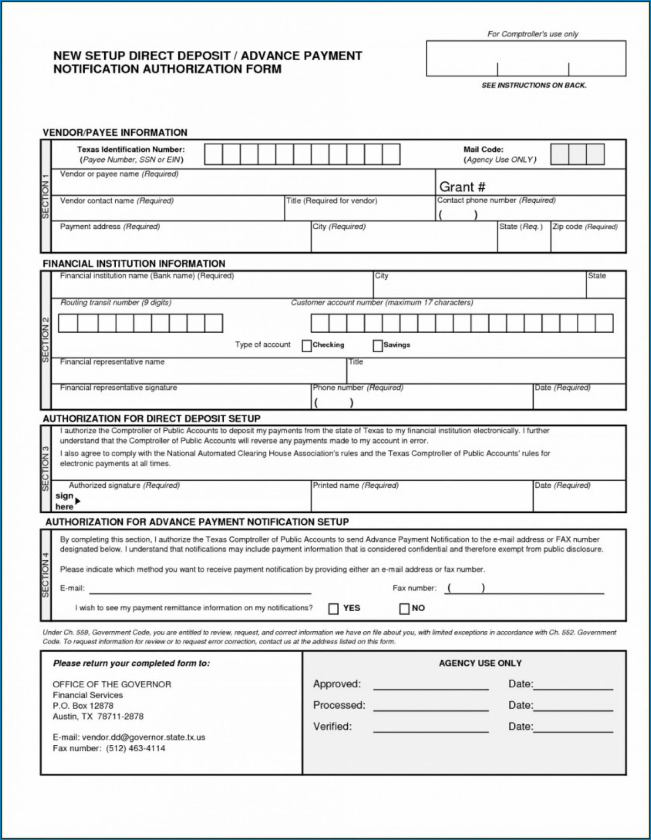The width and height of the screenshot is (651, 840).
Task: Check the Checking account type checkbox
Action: tap(307, 346)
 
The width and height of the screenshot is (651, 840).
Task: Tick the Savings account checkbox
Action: tap(378, 346)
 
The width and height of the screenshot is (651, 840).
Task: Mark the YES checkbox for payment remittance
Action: tap(333, 609)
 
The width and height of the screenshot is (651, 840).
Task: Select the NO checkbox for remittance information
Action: tap(404, 609)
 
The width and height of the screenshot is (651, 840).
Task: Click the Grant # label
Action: tap(462, 187)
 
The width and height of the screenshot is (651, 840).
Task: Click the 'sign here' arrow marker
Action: tap(78, 501)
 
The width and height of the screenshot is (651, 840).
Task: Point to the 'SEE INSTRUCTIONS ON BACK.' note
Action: tap(534, 85)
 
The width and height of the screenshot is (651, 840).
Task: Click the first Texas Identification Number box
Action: tap(213, 154)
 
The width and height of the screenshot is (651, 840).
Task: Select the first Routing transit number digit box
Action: tap(68, 323)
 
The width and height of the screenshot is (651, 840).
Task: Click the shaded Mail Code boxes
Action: tap(577, 154)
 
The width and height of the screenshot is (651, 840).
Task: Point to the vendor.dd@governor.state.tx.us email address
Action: tap(143, 737)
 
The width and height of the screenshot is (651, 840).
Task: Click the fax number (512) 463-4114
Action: tap(135, 748)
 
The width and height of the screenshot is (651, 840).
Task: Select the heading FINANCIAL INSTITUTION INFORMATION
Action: tap(134, 264)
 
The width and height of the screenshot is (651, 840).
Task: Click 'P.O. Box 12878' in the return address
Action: tap(83, 705)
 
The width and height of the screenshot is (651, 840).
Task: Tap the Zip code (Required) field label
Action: tap(585, 227)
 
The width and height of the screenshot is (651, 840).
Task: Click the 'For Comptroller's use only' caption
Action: tap(532, 34)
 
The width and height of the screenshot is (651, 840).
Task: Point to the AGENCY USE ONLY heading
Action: tap(480, 663)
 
